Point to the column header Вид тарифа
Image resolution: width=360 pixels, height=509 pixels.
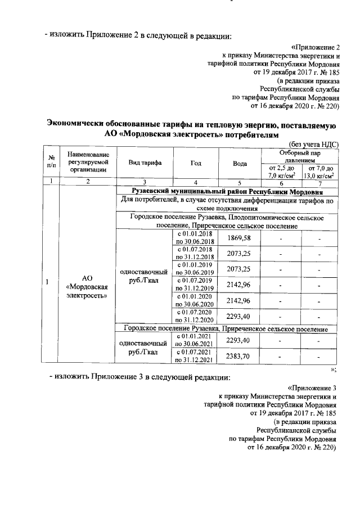click(146, 163)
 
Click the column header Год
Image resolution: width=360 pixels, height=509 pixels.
click(196, 163)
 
